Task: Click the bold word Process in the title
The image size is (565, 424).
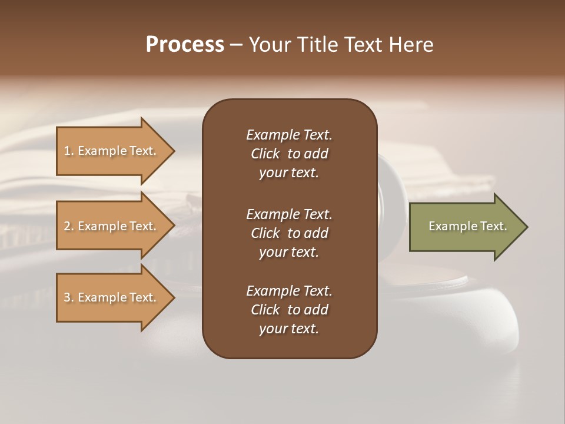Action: [185, 45]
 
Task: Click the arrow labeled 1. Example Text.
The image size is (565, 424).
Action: [112, 151]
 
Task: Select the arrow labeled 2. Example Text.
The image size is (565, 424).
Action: [112, 226]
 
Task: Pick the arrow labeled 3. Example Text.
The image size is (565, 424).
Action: [112, 297]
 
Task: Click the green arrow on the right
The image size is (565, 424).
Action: [465, 227]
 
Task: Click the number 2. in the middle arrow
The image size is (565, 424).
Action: [68, 226]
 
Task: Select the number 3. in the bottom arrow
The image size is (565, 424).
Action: [68, 297]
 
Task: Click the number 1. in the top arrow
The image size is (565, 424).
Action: [68, 151]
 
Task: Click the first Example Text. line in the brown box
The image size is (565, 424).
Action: [289, 135]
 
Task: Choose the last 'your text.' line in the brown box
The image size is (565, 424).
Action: [289, 329]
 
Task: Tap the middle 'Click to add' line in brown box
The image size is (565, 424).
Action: [289, 233]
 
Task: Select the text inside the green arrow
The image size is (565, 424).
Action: [467, 226]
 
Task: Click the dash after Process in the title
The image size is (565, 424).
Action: [237, 45]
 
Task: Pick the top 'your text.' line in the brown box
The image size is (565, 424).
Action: [289, 173]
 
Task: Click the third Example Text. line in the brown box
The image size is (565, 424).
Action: [289, 291]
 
